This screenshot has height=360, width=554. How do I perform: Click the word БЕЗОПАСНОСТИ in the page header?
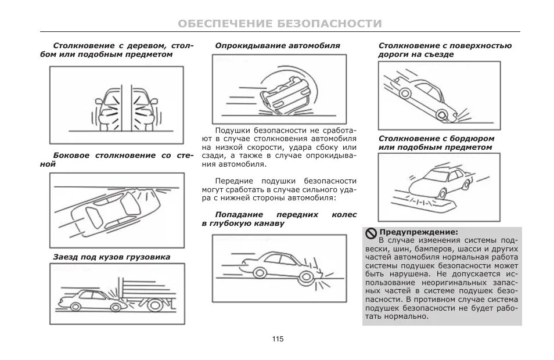329,24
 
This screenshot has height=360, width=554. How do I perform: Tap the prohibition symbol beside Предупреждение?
371,232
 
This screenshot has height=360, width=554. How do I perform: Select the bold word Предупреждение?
418,232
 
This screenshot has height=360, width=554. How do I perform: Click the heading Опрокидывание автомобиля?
278,45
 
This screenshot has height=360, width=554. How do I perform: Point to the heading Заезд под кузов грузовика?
112,257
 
